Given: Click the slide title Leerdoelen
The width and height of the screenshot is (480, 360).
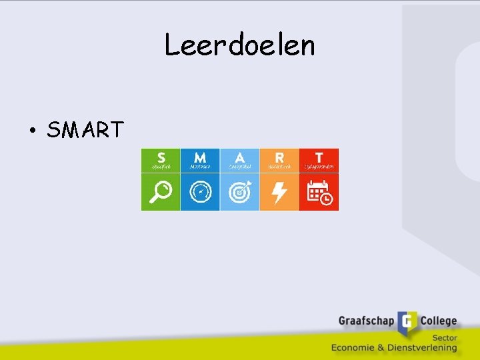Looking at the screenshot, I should (x=239, y=45).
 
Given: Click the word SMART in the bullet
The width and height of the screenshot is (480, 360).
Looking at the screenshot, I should (x=85, y=129).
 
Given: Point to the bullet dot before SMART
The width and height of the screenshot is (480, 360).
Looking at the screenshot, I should (x=32, y=130).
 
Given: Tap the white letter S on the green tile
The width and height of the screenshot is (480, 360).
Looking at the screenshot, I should (x=161, y=157).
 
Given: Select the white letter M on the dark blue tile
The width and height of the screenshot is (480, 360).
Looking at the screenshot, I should (x=200, y=157).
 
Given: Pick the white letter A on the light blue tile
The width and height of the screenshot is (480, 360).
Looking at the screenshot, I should (x=239, y=157).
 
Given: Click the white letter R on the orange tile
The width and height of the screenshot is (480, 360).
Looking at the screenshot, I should (x=279, y=157).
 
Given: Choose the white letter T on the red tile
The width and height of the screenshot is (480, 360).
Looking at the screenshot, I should (x=319, y=157).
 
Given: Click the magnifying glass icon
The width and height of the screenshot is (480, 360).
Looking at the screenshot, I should (x=161, y=192).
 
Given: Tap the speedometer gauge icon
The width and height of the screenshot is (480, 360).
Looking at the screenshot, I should (x=200, y=192).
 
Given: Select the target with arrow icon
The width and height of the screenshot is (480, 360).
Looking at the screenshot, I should (x=240, y=192).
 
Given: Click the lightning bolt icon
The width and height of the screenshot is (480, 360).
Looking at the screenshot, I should (x=279, y=192).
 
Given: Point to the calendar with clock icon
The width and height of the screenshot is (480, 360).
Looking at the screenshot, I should (x=319, y=192).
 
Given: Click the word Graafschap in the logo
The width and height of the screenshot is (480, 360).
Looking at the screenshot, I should (x=367, y=321).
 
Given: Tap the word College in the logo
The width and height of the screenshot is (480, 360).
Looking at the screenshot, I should (x=438, y=321).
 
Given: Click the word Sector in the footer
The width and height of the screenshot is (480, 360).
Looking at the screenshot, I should (x=444, y=337).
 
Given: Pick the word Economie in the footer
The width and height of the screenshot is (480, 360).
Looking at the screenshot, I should (x=357, y=347).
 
